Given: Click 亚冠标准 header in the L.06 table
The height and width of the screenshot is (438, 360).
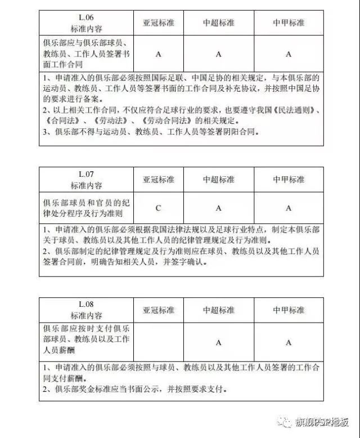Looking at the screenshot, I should [159, 23].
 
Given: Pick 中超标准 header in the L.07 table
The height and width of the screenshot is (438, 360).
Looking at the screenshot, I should [219, 180].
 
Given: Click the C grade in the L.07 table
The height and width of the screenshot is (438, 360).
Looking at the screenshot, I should [159, 208].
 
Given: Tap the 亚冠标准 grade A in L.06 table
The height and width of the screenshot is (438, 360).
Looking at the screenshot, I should [159, 54].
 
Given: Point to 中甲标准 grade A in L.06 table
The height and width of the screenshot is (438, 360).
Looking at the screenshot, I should [289, 54].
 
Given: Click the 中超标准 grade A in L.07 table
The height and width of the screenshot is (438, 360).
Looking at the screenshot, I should [219, 208].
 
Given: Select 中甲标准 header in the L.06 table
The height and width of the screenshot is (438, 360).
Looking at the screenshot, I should [289, 23].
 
